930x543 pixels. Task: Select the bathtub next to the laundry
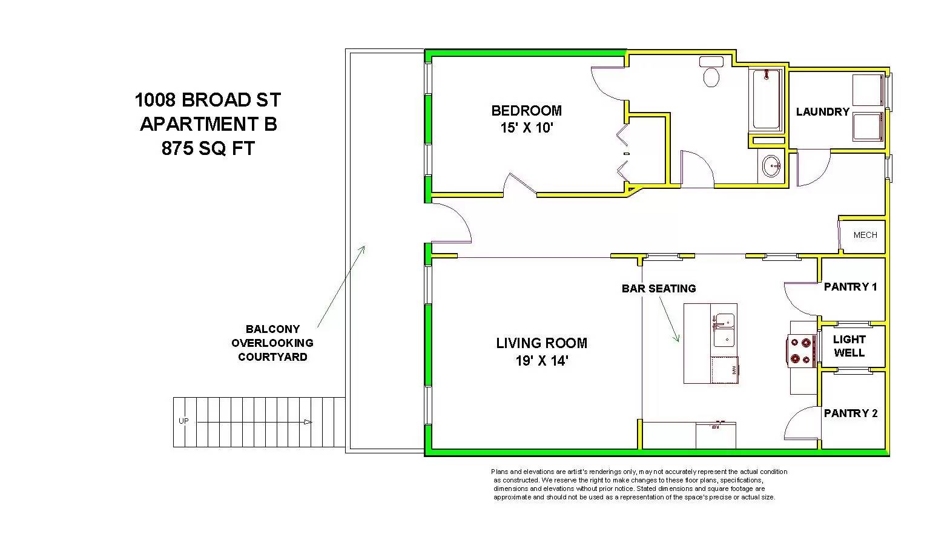click(x=766, y=100)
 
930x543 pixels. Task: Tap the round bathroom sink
click(x=771, y=166)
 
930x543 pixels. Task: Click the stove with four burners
click(x=801, y=350)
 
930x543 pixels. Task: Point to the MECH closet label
click(x=865, y=235)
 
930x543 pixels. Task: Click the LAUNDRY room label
click(x=822, y=111)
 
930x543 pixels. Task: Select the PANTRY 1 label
click(x=850, y=287)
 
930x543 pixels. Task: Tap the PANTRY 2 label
click(x=851, y=413)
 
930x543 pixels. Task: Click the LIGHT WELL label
click(x=849, y=346)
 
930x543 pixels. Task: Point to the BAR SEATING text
click(x=659, y=289)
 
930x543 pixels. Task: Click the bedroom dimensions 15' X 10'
click(x=527, y=128)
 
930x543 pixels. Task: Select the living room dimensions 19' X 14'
click(x=542, y=361)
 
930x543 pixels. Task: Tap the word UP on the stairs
click(x=183, y=421)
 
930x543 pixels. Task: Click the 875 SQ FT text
click(x=208, y=149)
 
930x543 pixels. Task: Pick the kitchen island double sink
click(x=724, y=331)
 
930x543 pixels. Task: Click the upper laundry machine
click(x=868, y=90)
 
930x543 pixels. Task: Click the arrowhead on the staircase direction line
click(x=308, y=422)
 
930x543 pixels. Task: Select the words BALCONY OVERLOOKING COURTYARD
click(x=272, y=343)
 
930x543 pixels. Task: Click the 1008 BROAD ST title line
click(x=208, y=100)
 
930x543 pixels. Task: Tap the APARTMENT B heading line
click(x=208, y=124)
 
